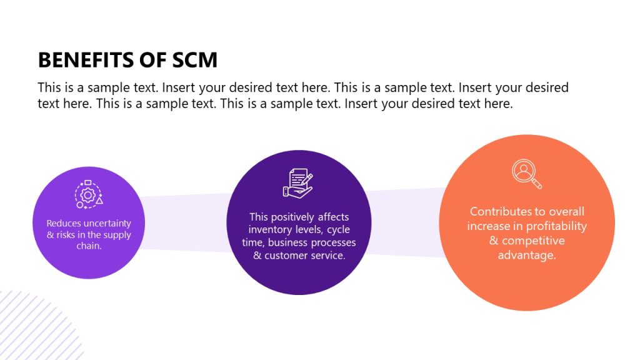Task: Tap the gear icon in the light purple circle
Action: coord(88,195)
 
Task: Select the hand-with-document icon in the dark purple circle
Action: coord(297,184)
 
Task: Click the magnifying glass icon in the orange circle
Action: coord(526,174)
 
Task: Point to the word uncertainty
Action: coord(107,223)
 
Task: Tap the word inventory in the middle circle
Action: coord(271,229)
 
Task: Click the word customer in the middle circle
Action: coord(290,255)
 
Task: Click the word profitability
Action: coord(556,226)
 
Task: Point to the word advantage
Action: coord(526,255)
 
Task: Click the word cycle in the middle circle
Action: coord(338,229)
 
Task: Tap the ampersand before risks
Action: coord(51,235)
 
